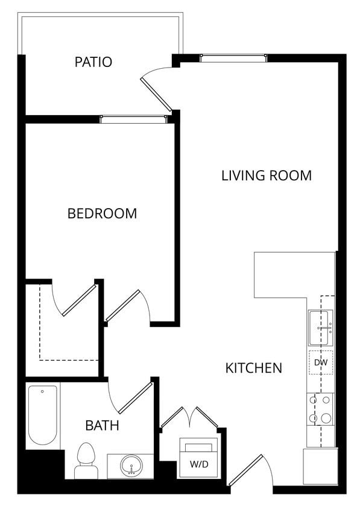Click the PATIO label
93,62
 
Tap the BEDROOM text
102,213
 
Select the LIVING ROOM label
266,175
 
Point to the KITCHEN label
253,367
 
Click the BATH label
102,425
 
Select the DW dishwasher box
320,362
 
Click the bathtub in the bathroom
43,416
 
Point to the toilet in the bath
86,460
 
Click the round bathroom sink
130,466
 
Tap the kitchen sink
320,326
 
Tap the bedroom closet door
78,299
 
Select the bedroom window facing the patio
133,119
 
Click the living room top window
233,58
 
